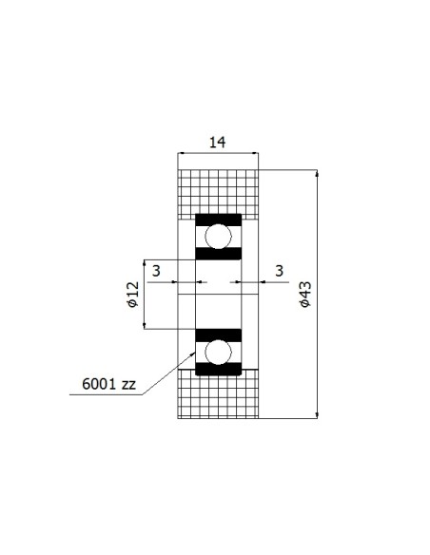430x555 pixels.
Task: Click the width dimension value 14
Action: tap(218, 143)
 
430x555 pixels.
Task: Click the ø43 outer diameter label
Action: tap(304, 294)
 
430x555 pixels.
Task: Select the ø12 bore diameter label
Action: tap(133, 295)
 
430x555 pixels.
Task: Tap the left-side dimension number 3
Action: tap(156, 271)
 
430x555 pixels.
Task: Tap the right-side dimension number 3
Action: tap(280, 271)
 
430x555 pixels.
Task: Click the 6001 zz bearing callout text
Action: tap(108, 384)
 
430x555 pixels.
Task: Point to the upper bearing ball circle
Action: tap(218, 237)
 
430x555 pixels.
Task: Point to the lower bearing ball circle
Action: tap(218, 352)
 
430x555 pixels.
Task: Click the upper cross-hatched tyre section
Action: tap(218, 194)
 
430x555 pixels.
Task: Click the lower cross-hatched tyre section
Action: tap(218, 393)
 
